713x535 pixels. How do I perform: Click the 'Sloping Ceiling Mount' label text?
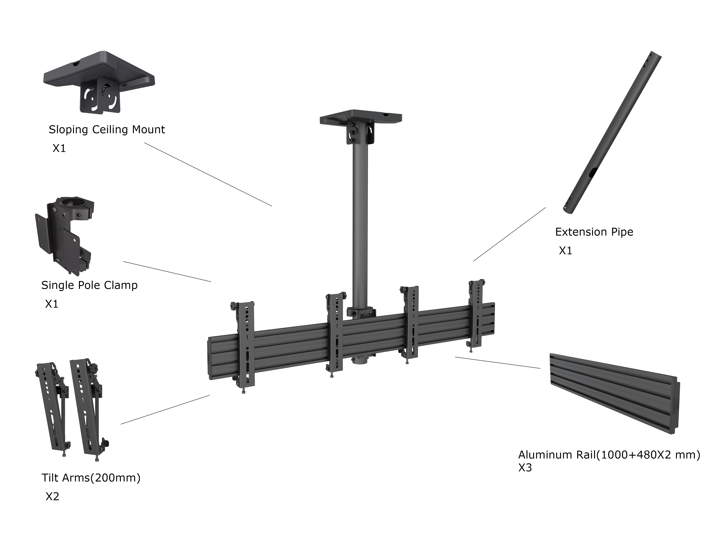click(x=107, y=130)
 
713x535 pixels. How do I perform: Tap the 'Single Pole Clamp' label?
click(x=89, y=285)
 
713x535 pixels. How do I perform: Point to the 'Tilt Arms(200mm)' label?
click(x=91, y=478)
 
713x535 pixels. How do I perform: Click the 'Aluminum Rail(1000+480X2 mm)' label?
click(x=609, y=455)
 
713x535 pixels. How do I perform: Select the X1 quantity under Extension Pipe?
click(x=565, y=251)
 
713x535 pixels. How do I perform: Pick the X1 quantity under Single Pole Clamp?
click(x=52, y=304)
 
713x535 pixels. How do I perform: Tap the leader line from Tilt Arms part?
click(x=165, y=410)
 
